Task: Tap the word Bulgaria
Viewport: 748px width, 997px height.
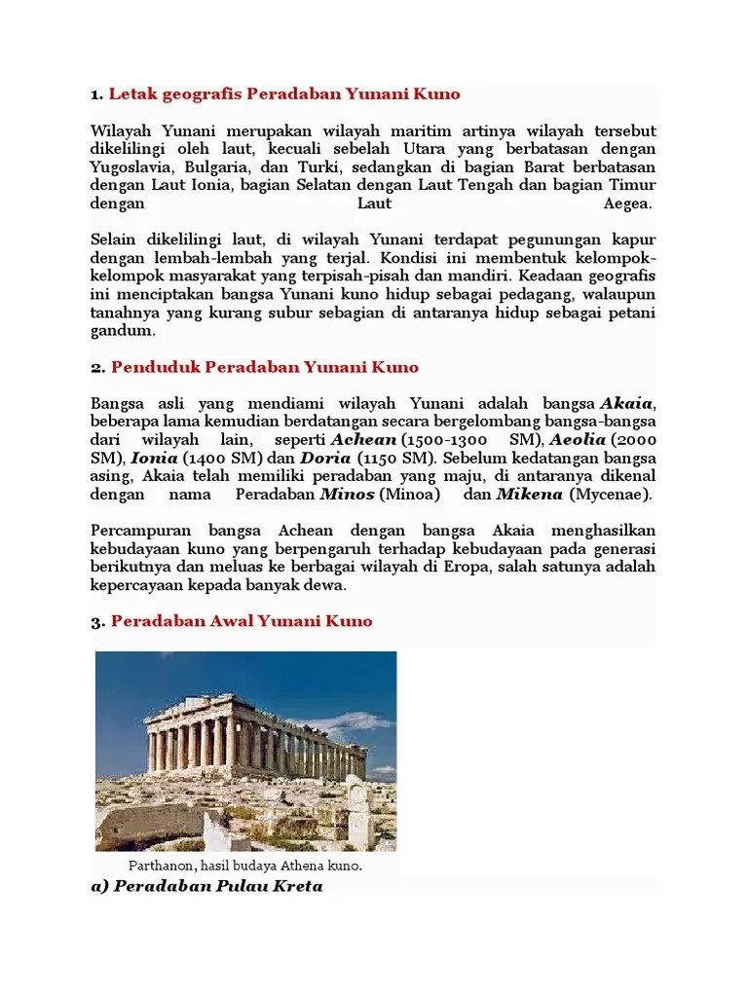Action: click(x=214, y=166)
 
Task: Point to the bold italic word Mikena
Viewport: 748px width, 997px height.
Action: click(x=530, y=494)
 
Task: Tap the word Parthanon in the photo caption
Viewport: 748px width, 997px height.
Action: click(x=162, y=865)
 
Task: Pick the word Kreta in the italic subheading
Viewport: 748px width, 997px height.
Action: click(x=299, y=885)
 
